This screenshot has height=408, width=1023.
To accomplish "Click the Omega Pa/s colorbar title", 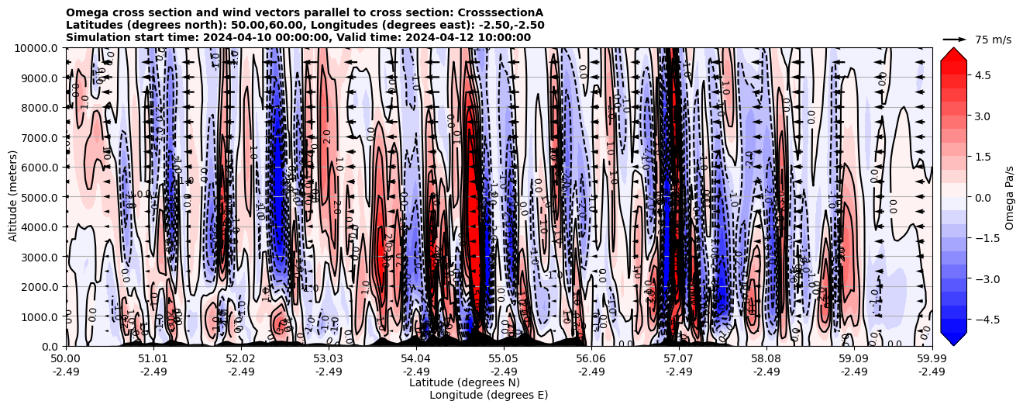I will pos(1009,197).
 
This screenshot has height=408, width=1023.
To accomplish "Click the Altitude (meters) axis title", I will pos(13,197).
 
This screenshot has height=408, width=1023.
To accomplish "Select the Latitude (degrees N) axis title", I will pos(464,382).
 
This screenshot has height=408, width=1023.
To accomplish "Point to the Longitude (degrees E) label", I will pos(488,395).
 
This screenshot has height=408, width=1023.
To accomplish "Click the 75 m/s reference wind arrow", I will pos(955,39).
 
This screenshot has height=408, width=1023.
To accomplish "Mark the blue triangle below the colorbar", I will pos(953,338).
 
